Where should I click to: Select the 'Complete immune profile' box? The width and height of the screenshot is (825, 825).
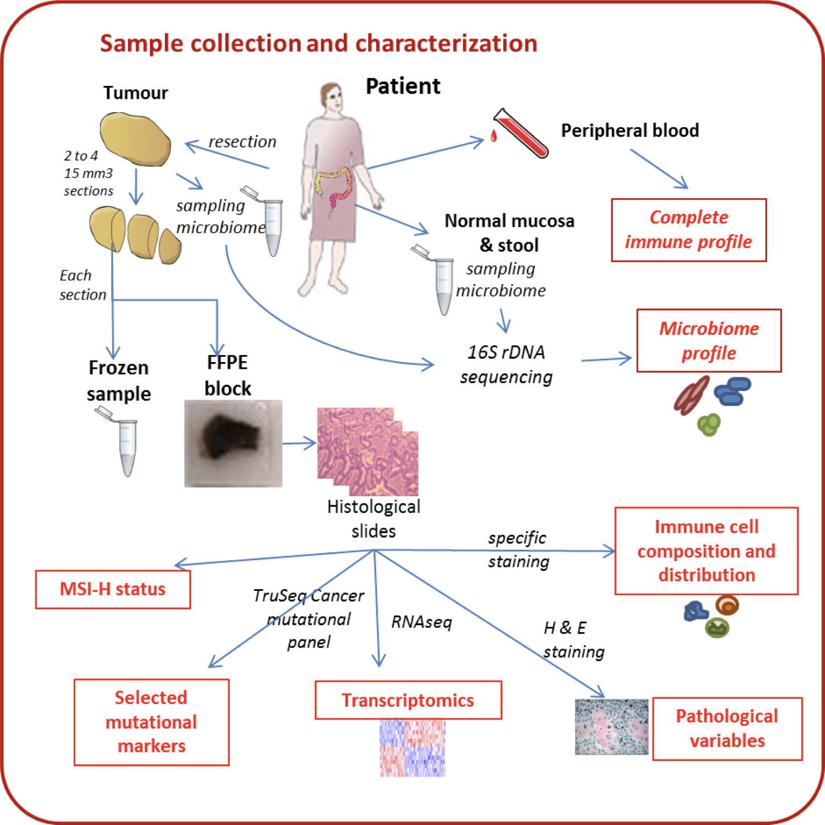coord(689,230)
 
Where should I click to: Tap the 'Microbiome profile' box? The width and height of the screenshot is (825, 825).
coord(708,341)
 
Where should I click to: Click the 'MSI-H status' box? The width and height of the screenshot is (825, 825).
coord(113,589)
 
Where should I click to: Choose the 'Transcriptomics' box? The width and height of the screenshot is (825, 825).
coord(408,700)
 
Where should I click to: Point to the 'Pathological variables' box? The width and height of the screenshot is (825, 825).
coord(727,729)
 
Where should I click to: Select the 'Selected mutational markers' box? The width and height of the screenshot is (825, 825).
coord(151,722)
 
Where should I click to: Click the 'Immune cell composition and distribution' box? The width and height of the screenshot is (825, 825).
coord(706,551)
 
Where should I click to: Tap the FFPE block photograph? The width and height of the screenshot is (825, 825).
coord(233,444)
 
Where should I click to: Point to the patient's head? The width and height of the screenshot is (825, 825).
coord(332,99)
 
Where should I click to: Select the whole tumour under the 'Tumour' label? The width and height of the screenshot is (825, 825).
coord(135,138)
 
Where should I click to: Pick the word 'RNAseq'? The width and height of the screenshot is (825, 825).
coord(422,622)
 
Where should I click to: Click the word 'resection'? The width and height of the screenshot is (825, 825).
coord(242,142)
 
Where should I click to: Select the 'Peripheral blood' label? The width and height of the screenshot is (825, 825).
coord(630,131)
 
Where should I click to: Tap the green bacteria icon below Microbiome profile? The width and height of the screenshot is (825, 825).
coord(709,424)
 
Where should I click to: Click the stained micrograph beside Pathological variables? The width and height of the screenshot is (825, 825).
coord(612,727)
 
